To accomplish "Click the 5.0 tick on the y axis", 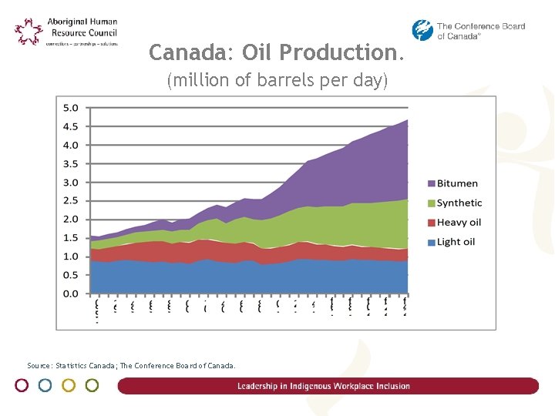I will [x=71, y=108].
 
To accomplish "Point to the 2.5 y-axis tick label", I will [x=71, y=201].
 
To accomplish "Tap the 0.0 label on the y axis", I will [x=71, y=294].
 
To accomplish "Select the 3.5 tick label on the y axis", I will [x=71, y=164].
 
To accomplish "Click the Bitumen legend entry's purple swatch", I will [x=431, y=183].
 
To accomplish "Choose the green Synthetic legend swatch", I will [x=431, y=203].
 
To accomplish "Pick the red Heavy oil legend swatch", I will [x=431, y=223].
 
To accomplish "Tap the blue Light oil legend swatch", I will [x=431, y=242].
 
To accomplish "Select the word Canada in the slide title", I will [x=186, y=52].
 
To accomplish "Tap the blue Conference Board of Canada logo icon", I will [x=422, y=30].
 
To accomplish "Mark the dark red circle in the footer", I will [x=22, y=385].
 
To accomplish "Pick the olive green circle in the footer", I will [x=92, y=385].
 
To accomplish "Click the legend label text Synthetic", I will [x=459, y=203].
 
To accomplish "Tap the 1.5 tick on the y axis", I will [x=71, y=238].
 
